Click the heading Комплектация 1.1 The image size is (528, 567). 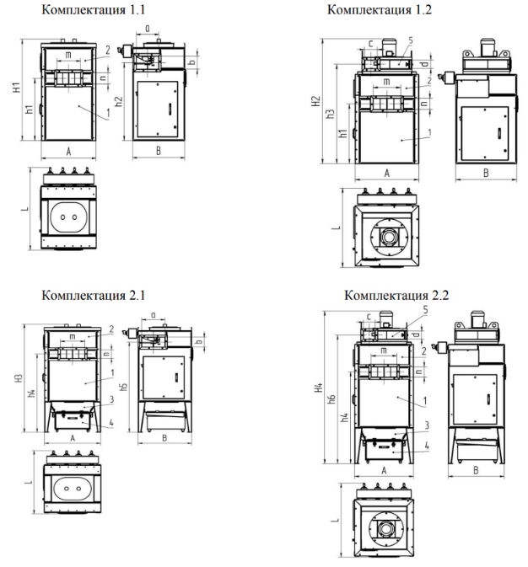point(93,10)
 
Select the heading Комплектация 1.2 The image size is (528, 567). point(380,10)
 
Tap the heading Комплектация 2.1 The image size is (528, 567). point(93,295)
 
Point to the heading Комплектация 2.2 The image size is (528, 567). point(396,295)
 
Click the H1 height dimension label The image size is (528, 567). point(17,88)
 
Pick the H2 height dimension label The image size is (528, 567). point(315,101)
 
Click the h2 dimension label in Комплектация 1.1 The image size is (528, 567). point(118,102)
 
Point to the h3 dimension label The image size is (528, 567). point(331,114)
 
